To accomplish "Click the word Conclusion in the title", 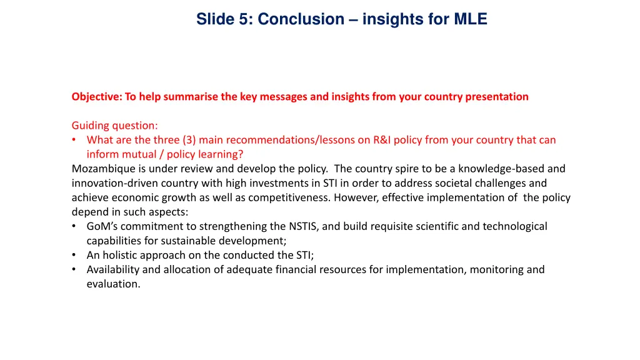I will [301, 19].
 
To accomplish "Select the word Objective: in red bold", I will [97, 97].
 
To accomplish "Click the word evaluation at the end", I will [112, 284].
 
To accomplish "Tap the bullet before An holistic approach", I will [74, 255].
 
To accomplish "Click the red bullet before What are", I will [74, 140].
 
